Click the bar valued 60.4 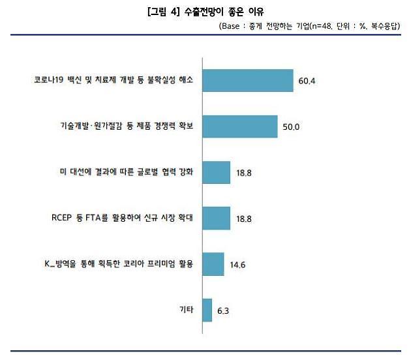click(x=248, y=80)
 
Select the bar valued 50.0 click(x=240, y=126)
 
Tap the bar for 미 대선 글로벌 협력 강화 click(x=217, y=172)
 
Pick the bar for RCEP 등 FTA click(x=217, y=218)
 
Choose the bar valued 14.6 click(x=213, y=264)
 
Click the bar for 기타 click(x=207, y=310)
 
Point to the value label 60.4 click(x=307, y=82)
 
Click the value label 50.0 click(x=290, y=127)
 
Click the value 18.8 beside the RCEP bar click(x=243, y=219)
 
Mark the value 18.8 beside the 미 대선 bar click(x=243, y=173)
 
